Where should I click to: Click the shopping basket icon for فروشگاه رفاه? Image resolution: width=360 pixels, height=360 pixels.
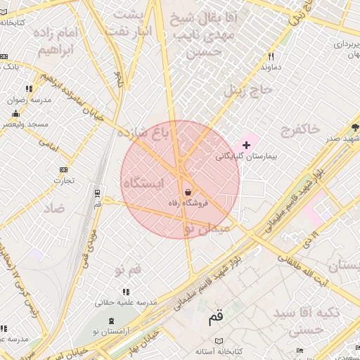[188, 192]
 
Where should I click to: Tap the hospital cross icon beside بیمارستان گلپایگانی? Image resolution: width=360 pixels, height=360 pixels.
[246, 144]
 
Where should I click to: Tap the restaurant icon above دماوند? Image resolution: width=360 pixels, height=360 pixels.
[271, 56]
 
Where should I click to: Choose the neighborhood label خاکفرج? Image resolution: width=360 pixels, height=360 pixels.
[300, 129]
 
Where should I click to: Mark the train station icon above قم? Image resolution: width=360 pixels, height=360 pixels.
[97, 192]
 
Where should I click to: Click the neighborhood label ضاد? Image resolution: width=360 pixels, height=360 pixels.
[53, 208]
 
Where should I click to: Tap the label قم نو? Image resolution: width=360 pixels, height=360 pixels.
[127, 270]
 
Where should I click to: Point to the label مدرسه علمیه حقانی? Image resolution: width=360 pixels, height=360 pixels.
[126, 303]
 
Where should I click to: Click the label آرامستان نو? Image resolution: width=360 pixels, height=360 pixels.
[106, 330]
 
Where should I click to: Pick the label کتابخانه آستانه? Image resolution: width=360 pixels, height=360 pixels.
[219, 350]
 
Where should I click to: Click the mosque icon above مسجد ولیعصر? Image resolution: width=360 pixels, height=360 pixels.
[15, 113]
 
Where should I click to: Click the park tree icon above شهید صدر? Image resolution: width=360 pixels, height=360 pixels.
[355, 127]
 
